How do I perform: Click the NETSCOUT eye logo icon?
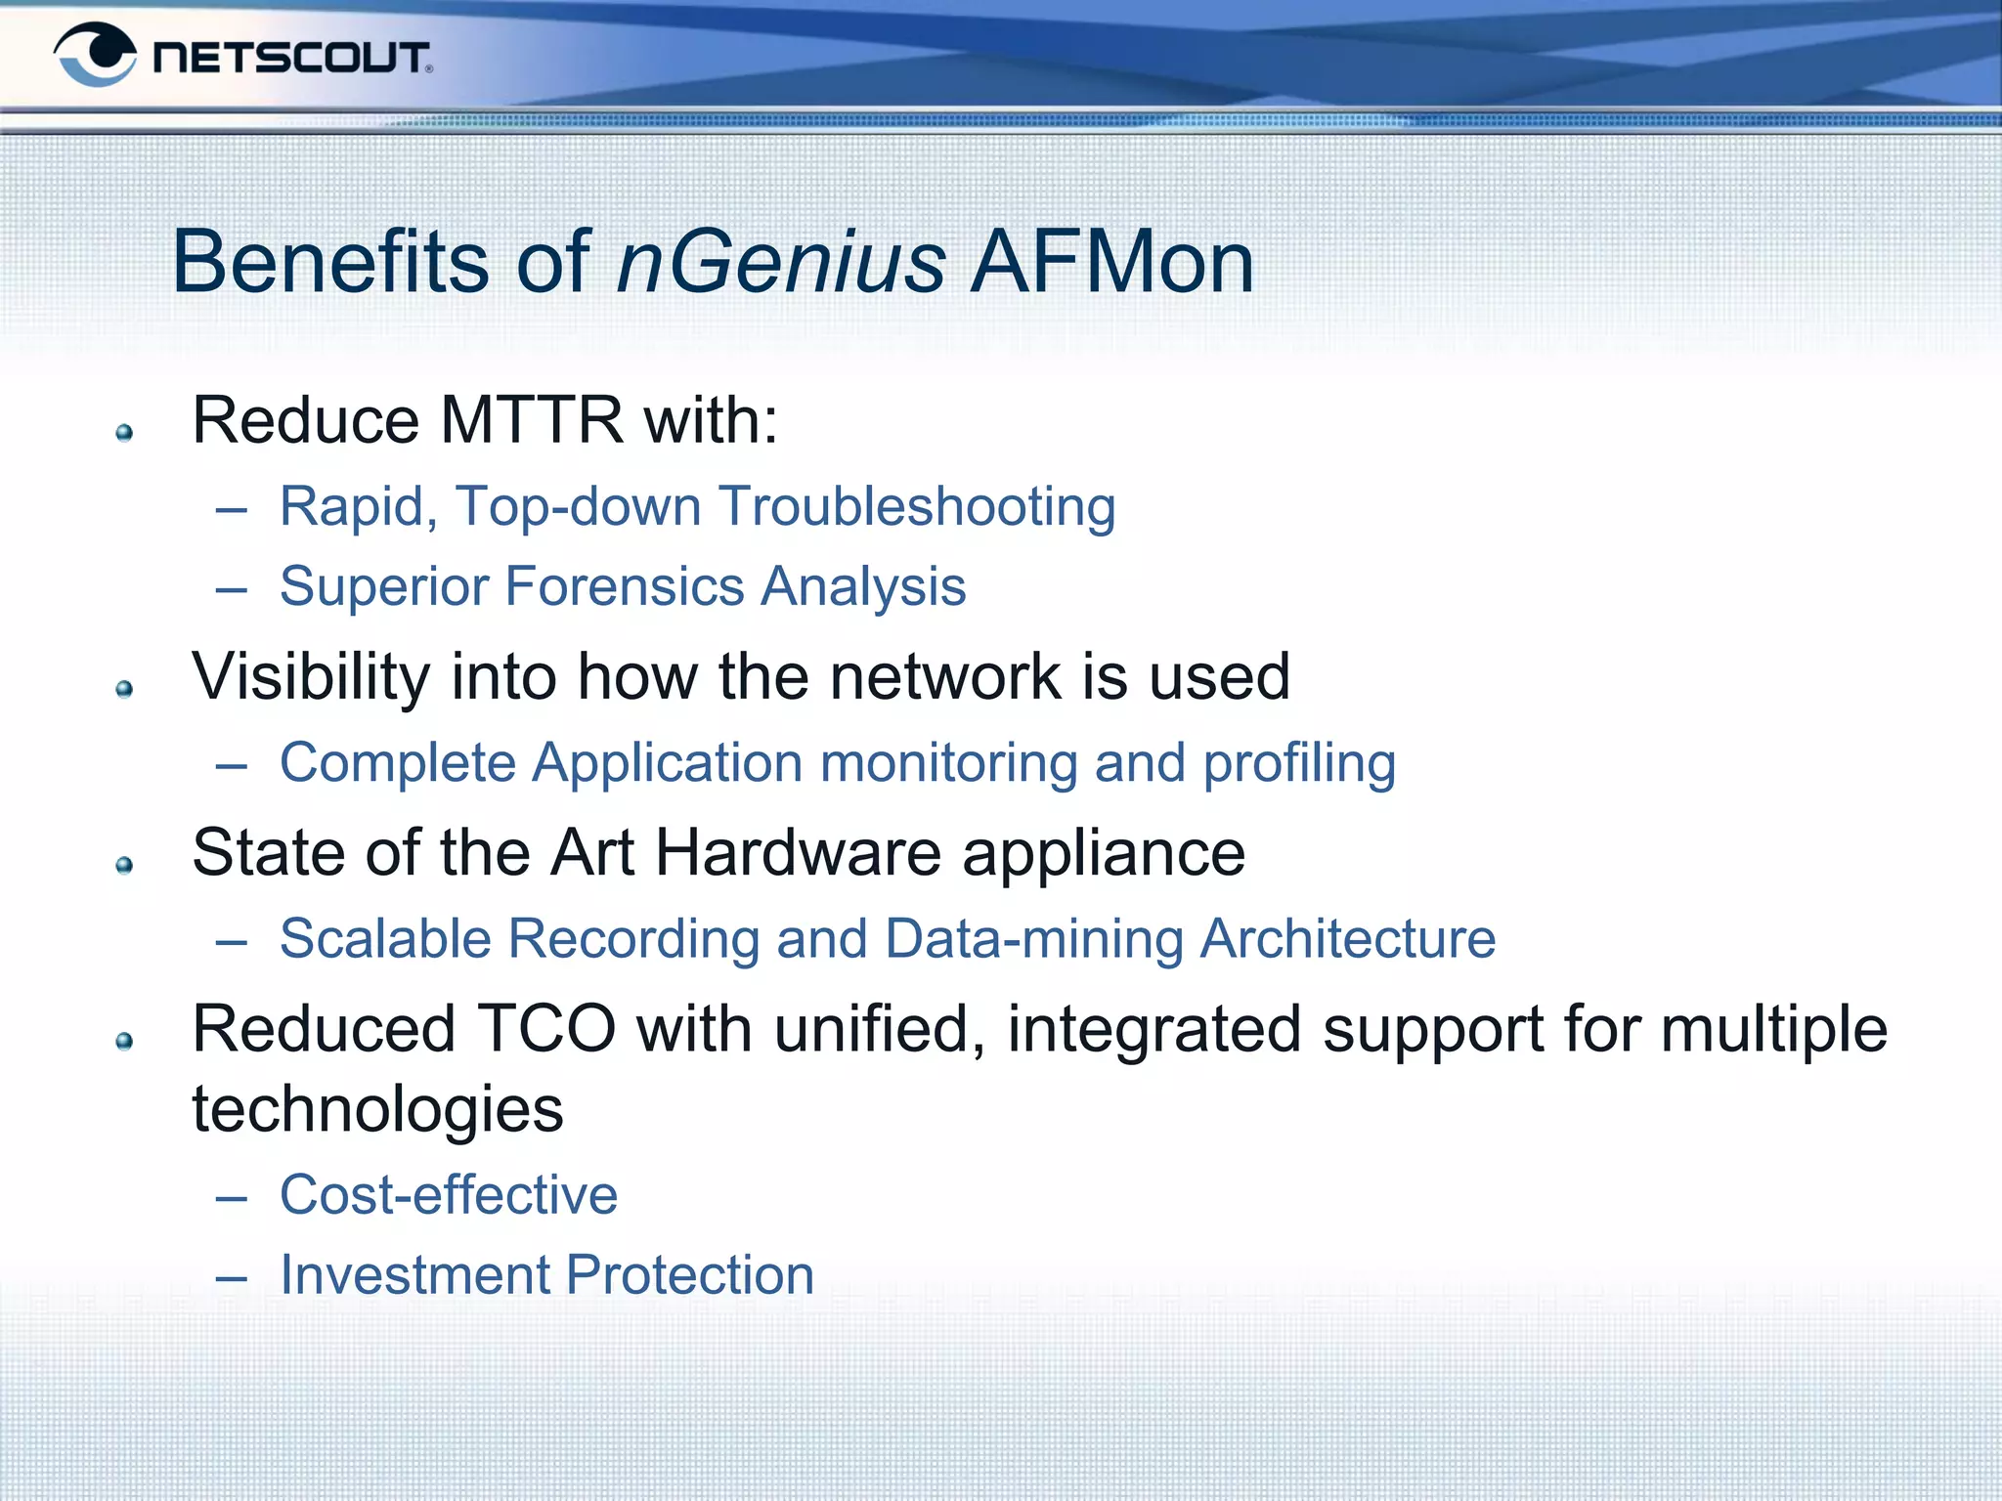tap(95, 55)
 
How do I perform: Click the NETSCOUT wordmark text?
tap(291, 58)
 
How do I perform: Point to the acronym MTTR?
tap(532, 420)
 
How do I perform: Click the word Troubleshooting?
tap(917, 507)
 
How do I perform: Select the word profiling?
tap(1298, 763)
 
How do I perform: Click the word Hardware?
tap(798, 852)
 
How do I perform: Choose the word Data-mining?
tap(1033, 939)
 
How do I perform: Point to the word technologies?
tap(377, 1109)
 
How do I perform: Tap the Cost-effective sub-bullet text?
tap(449, 1194)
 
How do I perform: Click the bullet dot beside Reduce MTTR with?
tap(124, 433)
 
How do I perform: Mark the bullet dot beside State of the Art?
tap(124, 865)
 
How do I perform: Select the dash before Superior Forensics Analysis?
tap(232, 590)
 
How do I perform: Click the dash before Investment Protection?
tap(232, 1278)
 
